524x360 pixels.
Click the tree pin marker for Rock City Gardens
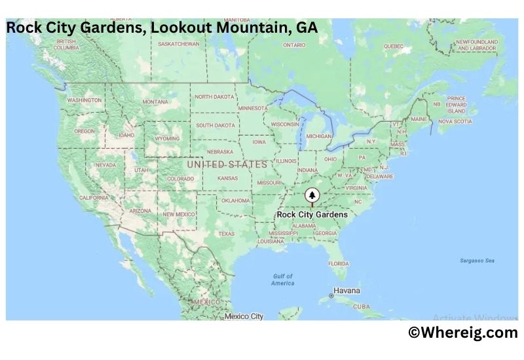pyautogui.click(x=312, y=195)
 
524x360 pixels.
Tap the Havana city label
pyautogui.click(x=346, y=290)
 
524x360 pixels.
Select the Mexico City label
pyautogui.click(x=244, y=316)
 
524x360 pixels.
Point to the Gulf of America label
pyautogui.click(x=283, y=279)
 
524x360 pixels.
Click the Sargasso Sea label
pyautogui.click(x=477, y=261)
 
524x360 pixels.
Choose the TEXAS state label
pyautogui.click(x=226, y=234)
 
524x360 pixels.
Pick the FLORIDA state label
pyautogui.click(x=338, y=263)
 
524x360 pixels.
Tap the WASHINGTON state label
pyautogui.click(x=84, y=100)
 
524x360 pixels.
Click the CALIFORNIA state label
pyautogui.click(x=94, y=197)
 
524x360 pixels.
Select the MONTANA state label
pyautogui.click(x=155, y=101)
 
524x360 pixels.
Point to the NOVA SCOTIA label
pyautogui.click(x=455, y=121)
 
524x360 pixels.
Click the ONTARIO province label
pyautogui.click(x=294, y=45)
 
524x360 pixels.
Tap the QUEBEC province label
pyautogui.click(x=393, y=46)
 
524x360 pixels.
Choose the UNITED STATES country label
pyautogui.click(x=227, y=164)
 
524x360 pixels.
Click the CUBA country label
pyautogui.click(x=361, y=306)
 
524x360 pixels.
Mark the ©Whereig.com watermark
pyautogui.click(x=462, y=333)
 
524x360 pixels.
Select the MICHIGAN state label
pyautogui.click(x=319, y=136)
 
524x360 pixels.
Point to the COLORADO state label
pyautogui.click(x=180, y=178)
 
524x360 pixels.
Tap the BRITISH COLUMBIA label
pyautogui.click(x=66, y=45)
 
